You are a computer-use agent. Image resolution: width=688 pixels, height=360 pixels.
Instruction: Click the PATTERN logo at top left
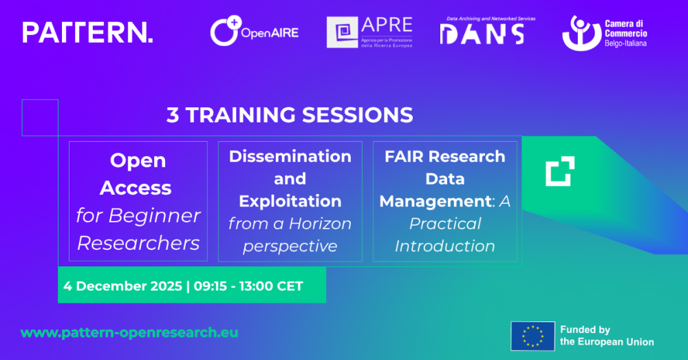[87, 32]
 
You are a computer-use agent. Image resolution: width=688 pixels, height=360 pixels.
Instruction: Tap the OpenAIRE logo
[255, 32]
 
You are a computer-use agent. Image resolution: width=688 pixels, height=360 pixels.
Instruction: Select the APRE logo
[370, 32]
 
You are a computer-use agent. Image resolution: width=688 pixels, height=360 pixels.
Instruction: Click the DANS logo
[482, 32]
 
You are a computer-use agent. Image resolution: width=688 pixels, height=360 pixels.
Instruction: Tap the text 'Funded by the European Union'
[606, 336]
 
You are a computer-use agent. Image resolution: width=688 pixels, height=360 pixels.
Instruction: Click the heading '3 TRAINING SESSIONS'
[290, 114]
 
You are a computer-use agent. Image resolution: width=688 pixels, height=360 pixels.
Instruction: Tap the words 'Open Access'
[138, 173]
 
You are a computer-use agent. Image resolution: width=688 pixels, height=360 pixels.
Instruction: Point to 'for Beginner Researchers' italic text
[138, 229]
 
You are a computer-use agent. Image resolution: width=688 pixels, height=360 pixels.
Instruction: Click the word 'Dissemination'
[290, 156]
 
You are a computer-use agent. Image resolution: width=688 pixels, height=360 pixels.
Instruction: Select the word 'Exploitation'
[290, 201]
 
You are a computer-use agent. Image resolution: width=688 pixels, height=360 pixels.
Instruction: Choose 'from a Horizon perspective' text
[290, 234]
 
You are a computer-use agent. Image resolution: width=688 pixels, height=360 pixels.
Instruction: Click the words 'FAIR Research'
[444, 156]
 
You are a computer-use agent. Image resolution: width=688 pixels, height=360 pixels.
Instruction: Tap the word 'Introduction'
[444, 246]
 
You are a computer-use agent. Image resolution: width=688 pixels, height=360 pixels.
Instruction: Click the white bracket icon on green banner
[559, 171]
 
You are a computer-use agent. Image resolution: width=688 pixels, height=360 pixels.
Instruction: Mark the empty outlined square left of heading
[40, 117]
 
